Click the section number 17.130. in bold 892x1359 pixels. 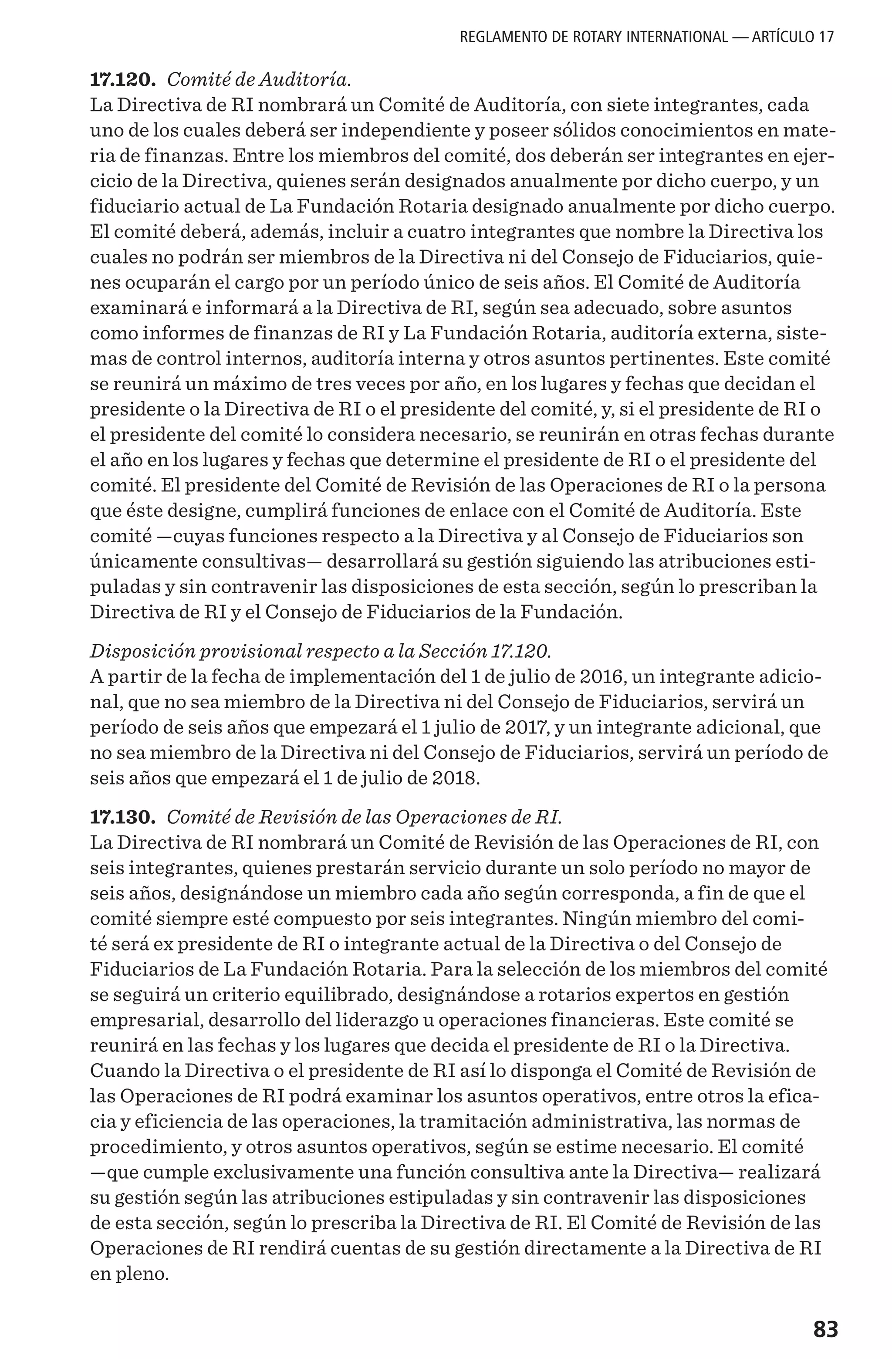[x=123, y=817]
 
